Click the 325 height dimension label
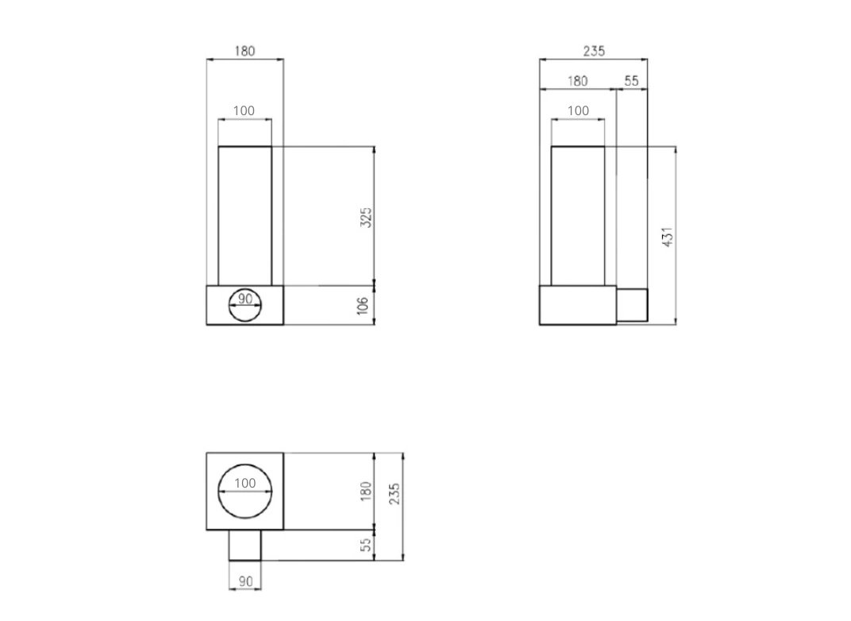click(366, 217)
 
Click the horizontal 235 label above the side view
click(594, 51)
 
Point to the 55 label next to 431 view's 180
click(631, 81)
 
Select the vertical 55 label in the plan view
click(366, 546)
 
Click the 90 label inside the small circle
click(245, 299)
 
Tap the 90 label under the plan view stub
click(245, 581)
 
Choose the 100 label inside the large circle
click(245, 483)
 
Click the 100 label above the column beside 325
click(245, 110)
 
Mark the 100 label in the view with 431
click(578, 110)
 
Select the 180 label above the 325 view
click(245, 51)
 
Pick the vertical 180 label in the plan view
click(366, 491)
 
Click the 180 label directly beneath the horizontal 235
click(577, 81)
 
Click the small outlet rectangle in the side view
click(632, 305)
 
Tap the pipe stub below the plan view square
click(245, 545)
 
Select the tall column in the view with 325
click(245, 214)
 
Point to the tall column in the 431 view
click(578, 214)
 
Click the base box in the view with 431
click(578, 305)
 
